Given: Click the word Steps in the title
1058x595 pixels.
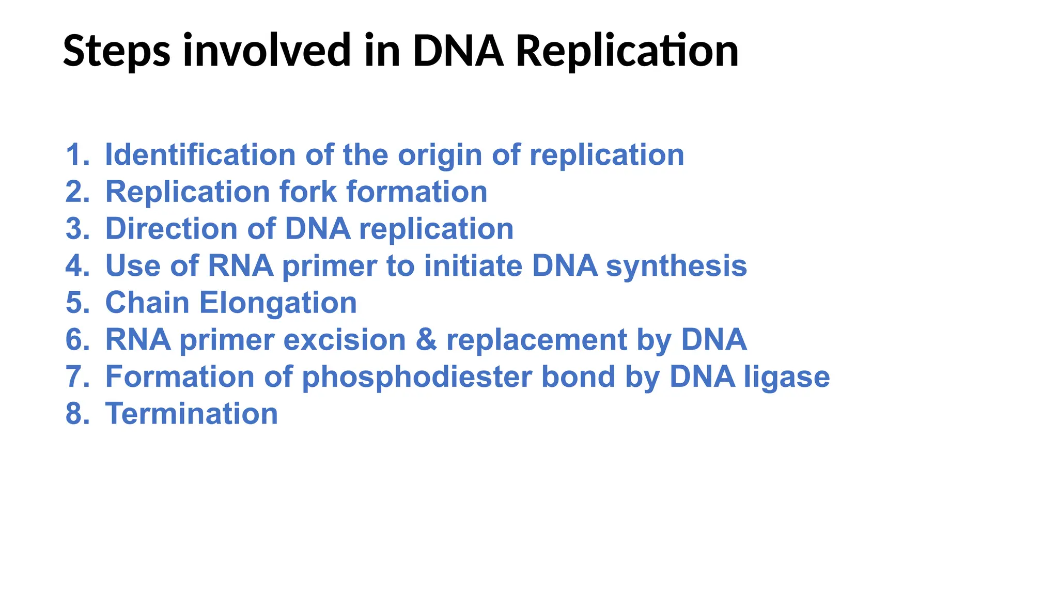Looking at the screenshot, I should click(116, 51).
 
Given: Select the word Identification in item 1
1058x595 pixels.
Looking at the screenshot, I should click(200, 154).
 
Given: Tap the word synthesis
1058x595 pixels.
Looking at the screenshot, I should click(676, 267).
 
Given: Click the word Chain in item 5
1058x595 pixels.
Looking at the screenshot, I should click(147, 302).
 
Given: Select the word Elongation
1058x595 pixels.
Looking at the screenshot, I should click(278, 303).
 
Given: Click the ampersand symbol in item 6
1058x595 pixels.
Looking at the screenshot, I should click(426, 340).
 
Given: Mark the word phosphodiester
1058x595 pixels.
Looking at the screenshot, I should click(416, 377).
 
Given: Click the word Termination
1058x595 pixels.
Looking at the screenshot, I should click(192, 414).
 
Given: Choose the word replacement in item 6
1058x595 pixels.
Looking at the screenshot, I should click(536, 340).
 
